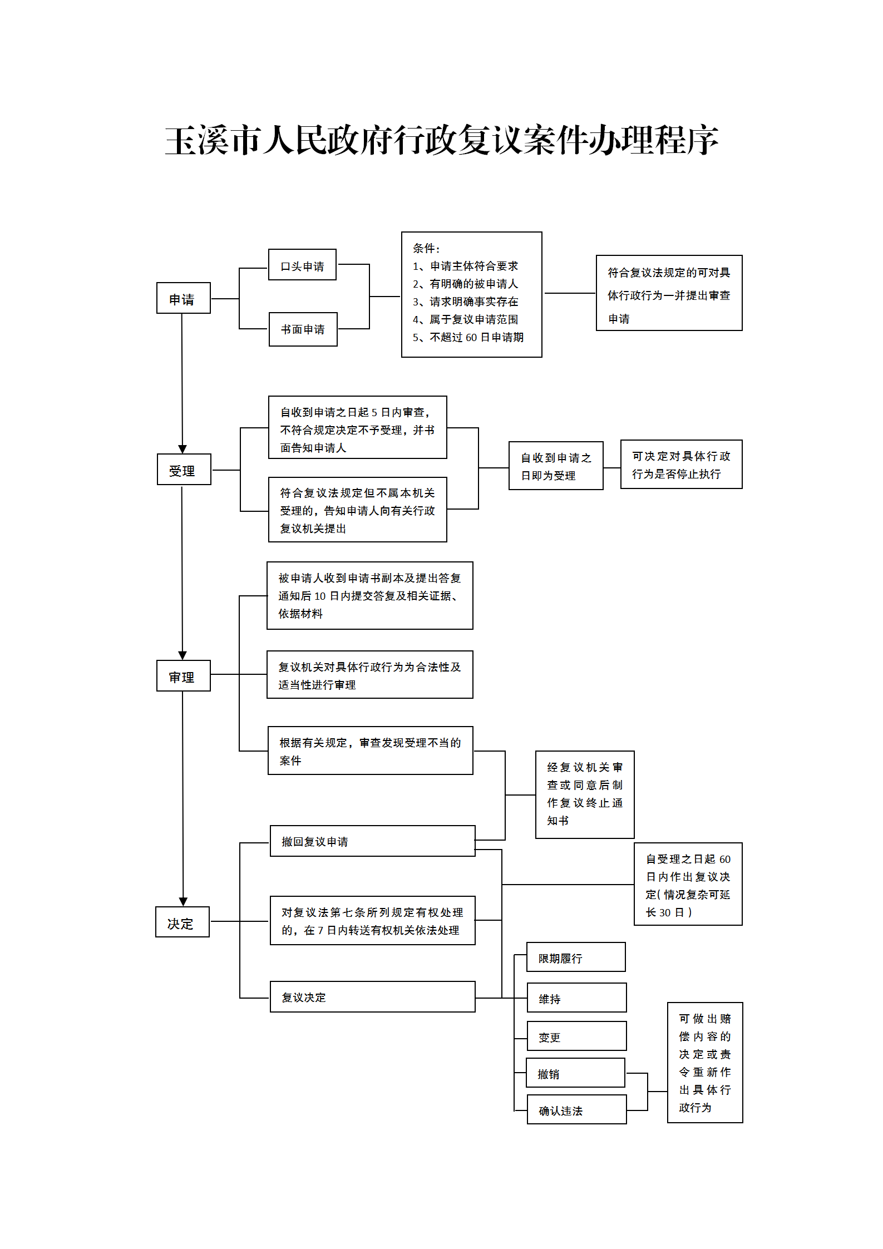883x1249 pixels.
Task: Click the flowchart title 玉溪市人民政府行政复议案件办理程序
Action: coord(441,140)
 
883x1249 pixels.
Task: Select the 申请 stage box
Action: coord(183,298)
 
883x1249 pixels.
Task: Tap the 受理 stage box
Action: coord(184,470)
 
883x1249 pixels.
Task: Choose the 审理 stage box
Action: coord(183,676)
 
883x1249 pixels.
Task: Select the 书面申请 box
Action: coord(303,329)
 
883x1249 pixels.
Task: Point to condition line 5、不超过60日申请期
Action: coord(468,337)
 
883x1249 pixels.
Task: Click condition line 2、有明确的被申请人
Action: coord(465,284)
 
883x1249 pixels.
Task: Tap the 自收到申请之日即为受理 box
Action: coord(555,466)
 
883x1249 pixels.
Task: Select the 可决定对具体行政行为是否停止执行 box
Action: coord(681,465)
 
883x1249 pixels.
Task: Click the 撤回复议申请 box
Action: coord(372,841)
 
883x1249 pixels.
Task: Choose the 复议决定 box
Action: coord(372,997)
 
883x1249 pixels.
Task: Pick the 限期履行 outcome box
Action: coord(576,957)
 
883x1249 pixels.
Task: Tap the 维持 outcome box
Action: coord(576,998)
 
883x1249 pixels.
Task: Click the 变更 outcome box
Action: coord(576,1036)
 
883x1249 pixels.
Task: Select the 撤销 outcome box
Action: coord(575,1073)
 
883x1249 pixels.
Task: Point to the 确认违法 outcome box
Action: coord(576,1110)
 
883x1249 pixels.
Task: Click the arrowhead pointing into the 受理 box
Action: coord(182,449)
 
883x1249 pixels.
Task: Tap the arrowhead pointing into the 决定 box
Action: coord(183,901)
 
